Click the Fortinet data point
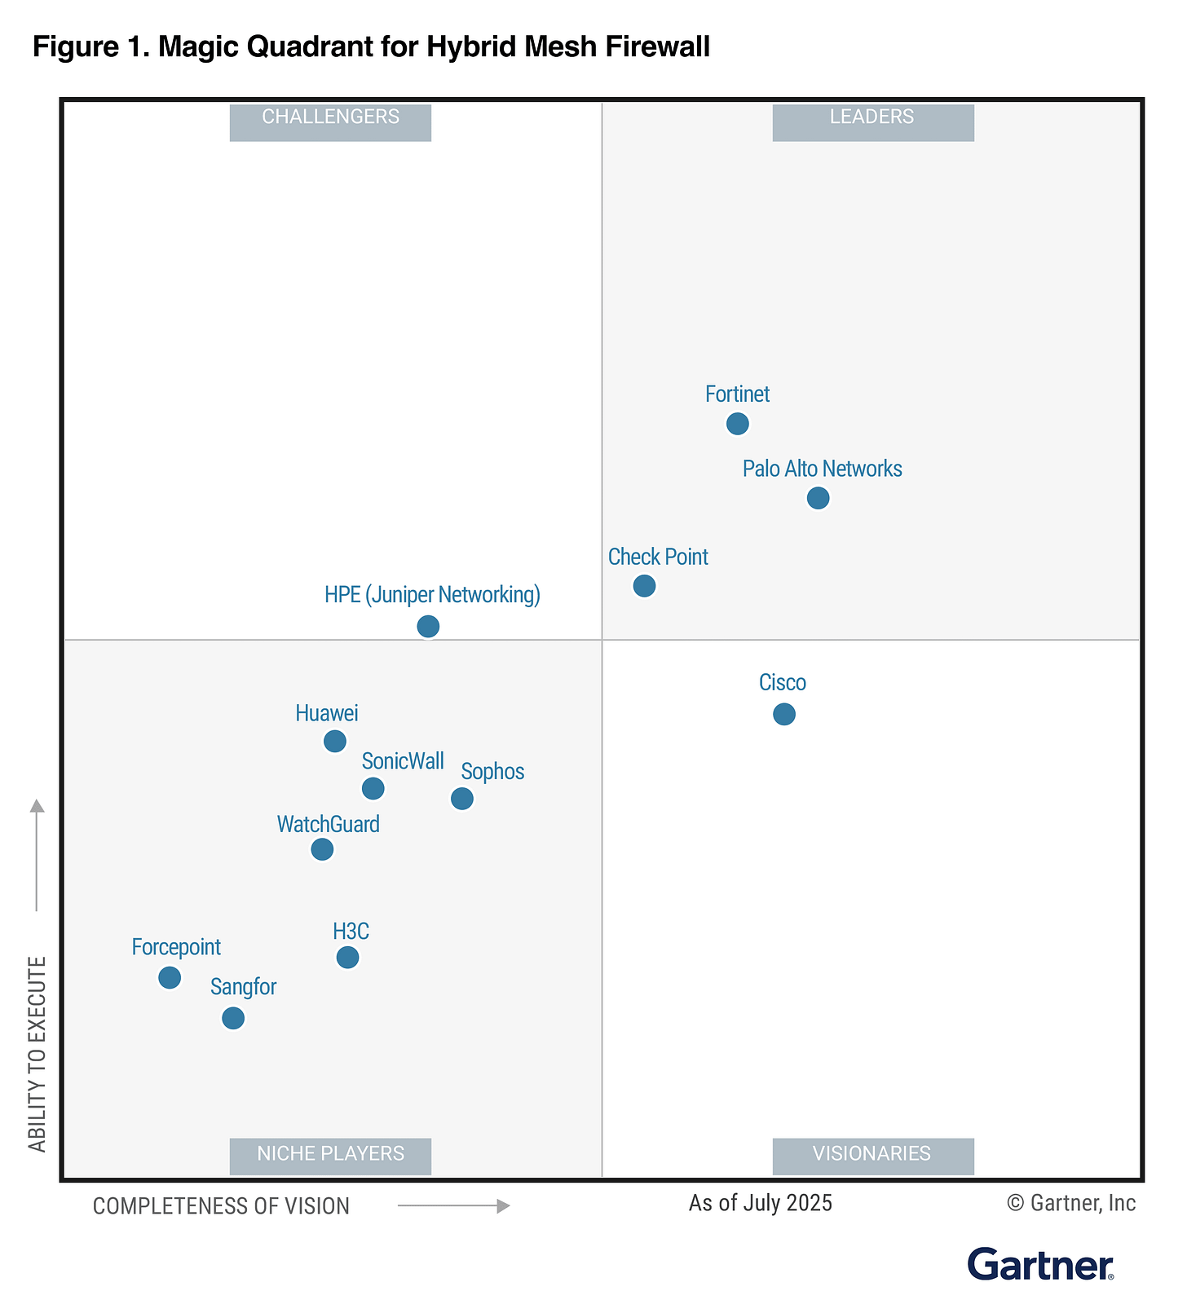pos(737,424)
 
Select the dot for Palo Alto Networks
pos(818,498)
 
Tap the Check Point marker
pos(644,586)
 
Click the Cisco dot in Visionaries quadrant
pos(783,714)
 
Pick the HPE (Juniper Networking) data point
pos(428,627)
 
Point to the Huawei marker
pos(335,741)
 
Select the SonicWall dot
pos(373,788)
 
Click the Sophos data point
pos(462,799)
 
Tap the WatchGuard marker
pos(322,849)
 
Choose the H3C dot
pos(347,957)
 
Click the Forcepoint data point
pos(170,977)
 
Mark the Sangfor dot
pos(233,1018)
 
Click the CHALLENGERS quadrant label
pos(330,118)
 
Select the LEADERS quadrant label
pos(872,118)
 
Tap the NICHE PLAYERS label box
pos(330,1154)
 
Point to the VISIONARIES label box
pos(872,1154)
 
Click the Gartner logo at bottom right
pos(1040,1265)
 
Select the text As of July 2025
pos(760,1204)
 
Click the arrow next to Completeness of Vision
pos(453,1205)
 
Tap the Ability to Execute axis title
pos(38,1055)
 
